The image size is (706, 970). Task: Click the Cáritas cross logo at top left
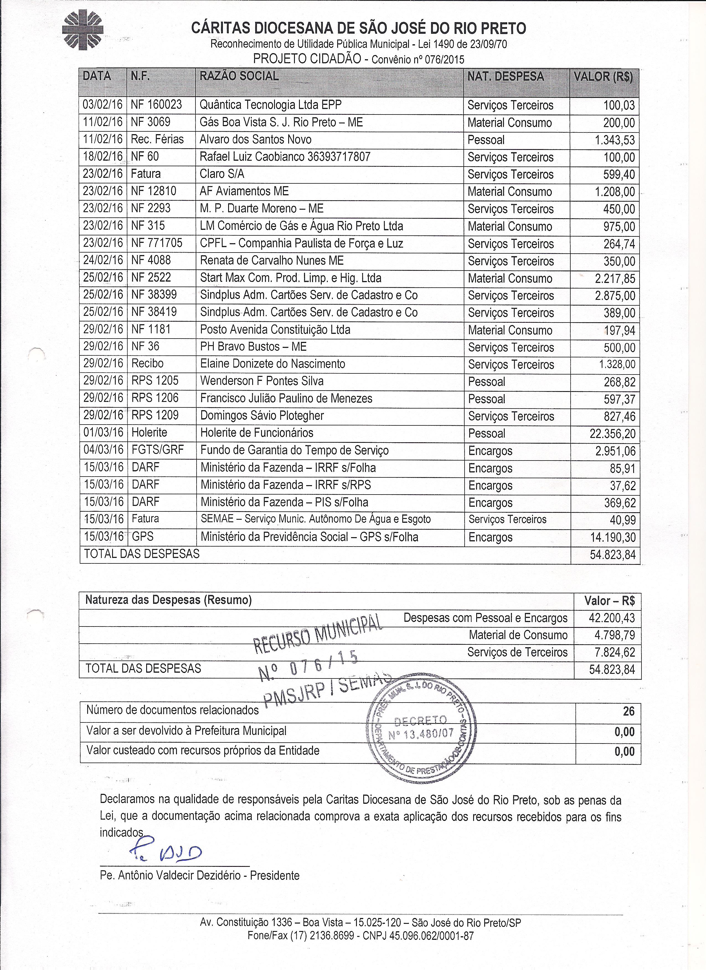click(82, 30)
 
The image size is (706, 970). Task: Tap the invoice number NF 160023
click(156, 105)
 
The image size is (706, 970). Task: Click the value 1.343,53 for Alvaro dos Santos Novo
click(615, 140)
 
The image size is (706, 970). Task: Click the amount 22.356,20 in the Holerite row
click(612, 434)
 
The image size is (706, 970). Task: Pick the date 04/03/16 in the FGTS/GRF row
click(103, 450)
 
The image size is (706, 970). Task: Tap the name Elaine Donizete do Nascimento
click(272, 364)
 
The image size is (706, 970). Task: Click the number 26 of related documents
click(628, 711)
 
